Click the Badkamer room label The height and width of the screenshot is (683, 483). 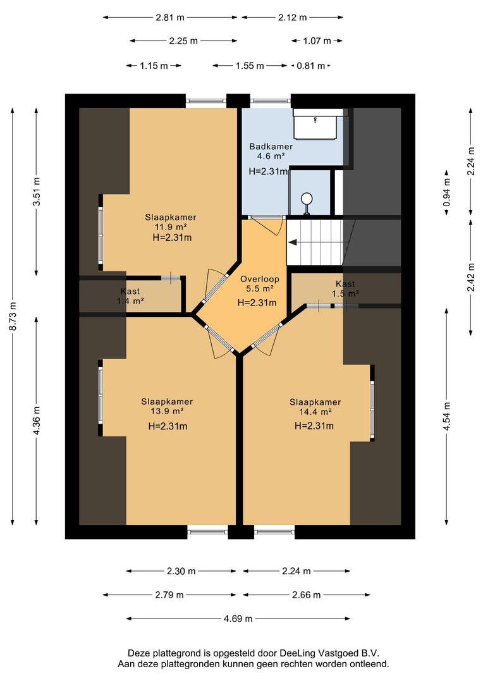[271, 147]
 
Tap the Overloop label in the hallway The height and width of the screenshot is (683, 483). [260, 279]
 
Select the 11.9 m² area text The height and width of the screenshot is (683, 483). [171, 227]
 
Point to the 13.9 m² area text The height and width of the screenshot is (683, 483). [167, 412]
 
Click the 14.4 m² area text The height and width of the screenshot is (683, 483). [315, 412]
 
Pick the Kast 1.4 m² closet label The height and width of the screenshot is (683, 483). [130, 296]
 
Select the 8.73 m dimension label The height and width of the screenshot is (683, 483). [13, 316]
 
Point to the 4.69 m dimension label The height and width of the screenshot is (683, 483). [238, 618]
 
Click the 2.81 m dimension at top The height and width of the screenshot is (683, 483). [170, 18]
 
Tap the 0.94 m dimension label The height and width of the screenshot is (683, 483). [447, 193]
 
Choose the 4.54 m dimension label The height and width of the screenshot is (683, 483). [447, 416]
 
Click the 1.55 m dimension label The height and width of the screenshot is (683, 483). [250, 66]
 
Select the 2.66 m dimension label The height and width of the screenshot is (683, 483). [307, 594]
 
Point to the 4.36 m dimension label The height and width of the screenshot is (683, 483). [37, 421]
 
